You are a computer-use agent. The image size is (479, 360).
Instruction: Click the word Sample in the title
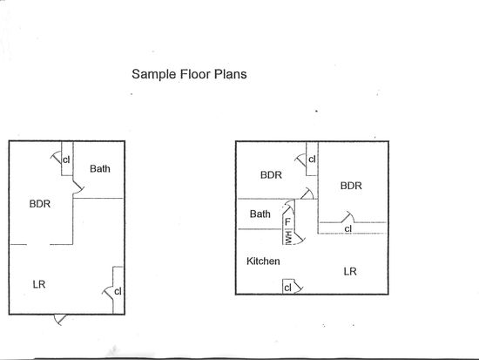tap(154, 75)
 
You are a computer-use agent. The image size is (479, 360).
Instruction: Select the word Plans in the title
tap(230, 74)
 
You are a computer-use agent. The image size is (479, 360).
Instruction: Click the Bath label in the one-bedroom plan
tap(100, 168)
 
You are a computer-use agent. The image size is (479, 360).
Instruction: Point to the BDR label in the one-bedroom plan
tap(40, 204)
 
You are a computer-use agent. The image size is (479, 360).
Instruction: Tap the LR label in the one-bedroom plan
tap(39, 284)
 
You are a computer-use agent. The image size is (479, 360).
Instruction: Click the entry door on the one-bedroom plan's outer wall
tap(60, 319)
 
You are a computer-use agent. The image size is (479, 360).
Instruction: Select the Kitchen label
tap(263, 262)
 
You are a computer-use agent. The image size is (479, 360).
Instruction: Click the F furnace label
tap(287, 221)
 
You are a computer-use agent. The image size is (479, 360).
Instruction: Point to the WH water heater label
tap(288, 238)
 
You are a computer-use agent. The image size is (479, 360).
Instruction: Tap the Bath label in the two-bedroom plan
tap(260, 214)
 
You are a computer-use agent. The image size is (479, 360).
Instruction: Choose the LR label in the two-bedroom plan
tap(350, 271)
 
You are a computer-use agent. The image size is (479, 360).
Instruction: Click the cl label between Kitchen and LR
tap(287, 288)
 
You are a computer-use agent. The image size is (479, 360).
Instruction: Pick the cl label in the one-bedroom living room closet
tap(118, 291)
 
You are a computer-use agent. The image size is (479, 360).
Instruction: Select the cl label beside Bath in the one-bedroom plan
tap(66, 160)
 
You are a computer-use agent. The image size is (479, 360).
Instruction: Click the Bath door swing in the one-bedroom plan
tap(78, 187)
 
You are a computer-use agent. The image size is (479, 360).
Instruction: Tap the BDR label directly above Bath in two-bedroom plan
tap(271, 175)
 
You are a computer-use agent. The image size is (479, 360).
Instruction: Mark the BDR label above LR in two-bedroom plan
tap(351, 186)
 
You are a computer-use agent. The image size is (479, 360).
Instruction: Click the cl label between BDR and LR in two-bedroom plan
tap(348, 228)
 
